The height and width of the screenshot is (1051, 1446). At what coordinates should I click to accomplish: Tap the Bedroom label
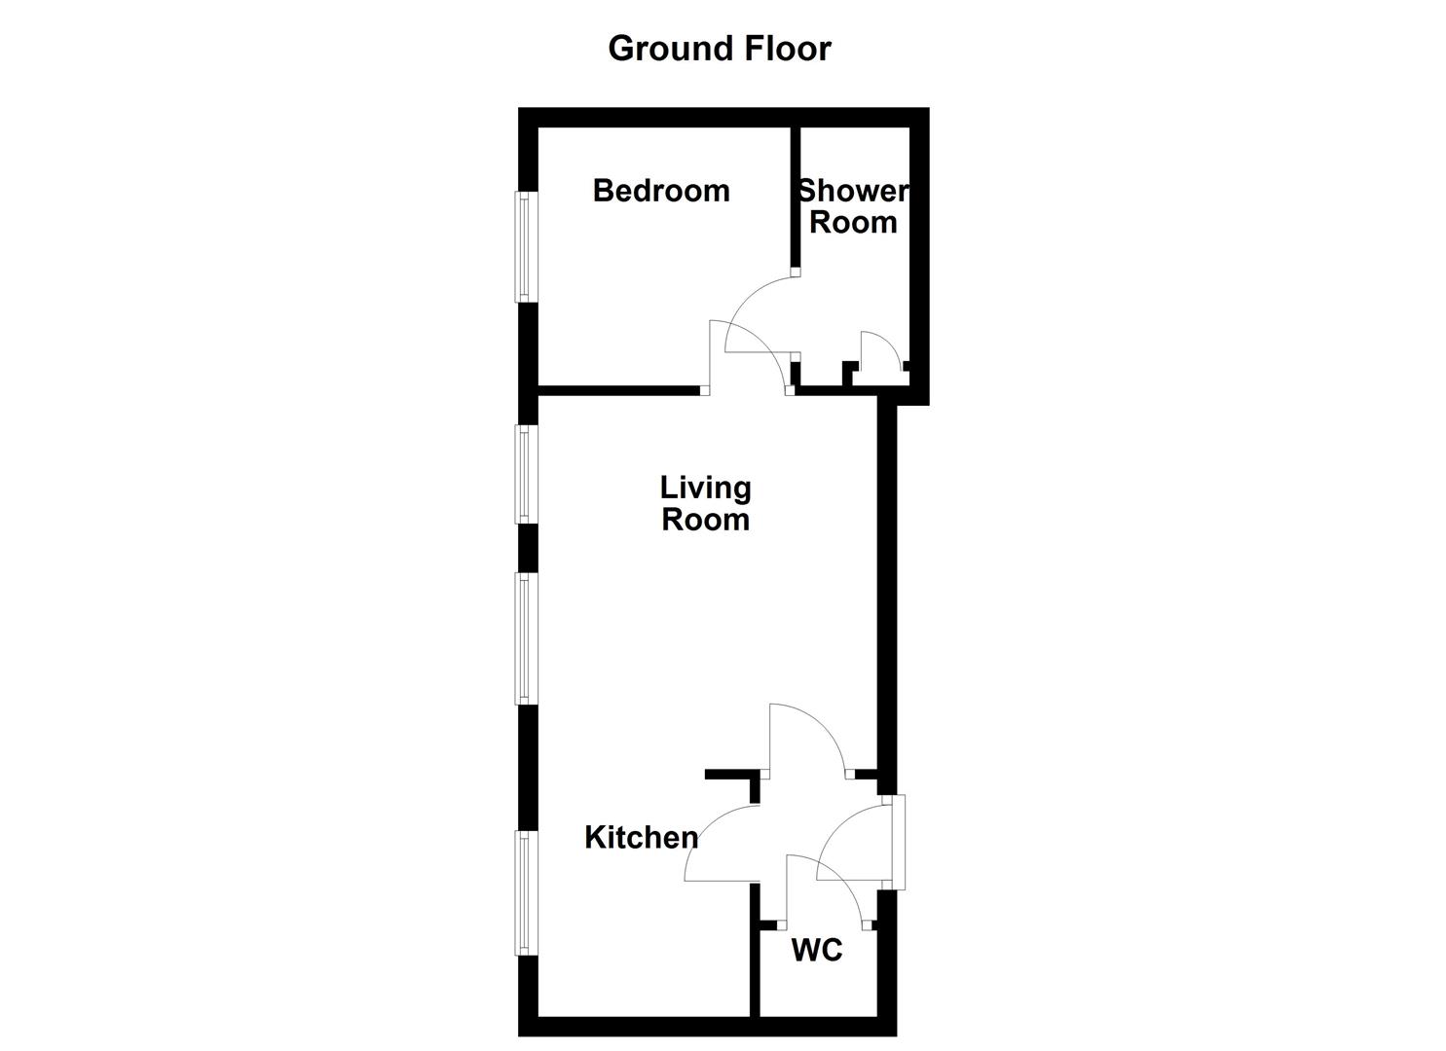(x=661, y=190)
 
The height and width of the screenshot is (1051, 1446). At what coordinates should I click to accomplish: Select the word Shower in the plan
(x=853, y=191)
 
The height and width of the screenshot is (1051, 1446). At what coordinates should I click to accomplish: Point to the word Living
(x=705, y=487)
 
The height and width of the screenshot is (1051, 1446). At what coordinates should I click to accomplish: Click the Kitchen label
(x=641, y=837)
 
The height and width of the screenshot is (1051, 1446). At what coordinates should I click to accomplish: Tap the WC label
(x=816, y=950)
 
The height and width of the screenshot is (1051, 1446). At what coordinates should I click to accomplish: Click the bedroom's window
(x=525, y=246)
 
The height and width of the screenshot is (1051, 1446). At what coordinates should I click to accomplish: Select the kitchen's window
(x=525, y=892)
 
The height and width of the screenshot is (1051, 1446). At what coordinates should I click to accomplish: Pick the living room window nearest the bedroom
(x=525, y=474)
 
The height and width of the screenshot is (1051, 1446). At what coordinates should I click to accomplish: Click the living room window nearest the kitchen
(x=525, y=637)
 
